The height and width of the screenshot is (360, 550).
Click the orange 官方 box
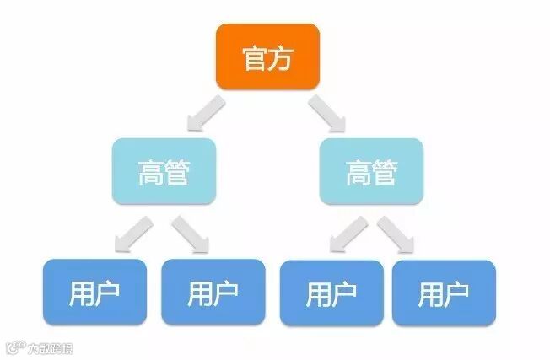[267, 56]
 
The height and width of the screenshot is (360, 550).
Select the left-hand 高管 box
[164, 173]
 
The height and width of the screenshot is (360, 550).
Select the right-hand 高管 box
[371, 173]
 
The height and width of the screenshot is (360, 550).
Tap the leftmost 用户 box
[94, 293]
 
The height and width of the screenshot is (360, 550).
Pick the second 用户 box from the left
[212, 293]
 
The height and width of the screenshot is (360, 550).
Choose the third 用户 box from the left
[331, 293]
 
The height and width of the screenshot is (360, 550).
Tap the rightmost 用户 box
[444, 293]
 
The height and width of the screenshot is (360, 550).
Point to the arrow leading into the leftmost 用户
[132, 234]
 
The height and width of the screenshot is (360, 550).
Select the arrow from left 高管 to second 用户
[190, 234]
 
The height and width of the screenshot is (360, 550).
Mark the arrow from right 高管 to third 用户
[347, 234]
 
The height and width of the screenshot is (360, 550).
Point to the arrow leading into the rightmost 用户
[396, 234]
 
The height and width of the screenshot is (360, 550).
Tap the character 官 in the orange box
[254, 57]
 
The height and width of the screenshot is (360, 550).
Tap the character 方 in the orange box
[281, 57]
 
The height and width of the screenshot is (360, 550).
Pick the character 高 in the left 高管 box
[150, 174]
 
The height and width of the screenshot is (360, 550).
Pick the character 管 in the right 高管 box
[385, 174]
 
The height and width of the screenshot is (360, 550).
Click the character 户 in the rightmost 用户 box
[456, 294]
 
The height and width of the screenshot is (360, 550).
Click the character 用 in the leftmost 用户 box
[81, 293]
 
